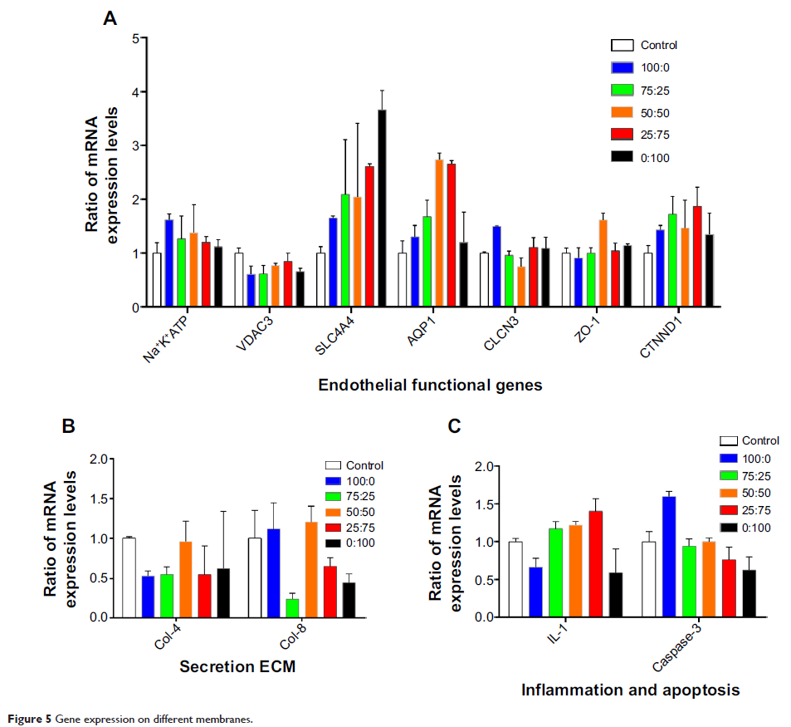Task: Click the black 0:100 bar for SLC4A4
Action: click(x=382, y=209)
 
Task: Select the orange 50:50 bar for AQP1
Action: click(x=440, y=233)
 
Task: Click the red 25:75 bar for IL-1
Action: click(x=594, y=564)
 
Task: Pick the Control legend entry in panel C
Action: click(x=749, y=441)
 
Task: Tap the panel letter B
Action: click(x=70, y=427)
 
